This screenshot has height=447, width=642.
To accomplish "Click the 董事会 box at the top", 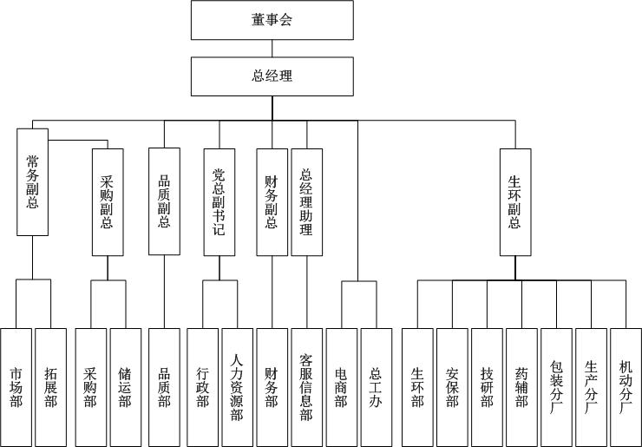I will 272,20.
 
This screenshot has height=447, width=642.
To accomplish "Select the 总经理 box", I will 272,76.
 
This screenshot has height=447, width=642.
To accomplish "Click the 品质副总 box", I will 164,201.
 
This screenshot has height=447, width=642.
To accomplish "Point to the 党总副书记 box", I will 219,201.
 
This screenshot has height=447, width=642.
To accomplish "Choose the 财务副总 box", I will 272,201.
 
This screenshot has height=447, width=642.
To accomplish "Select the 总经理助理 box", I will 306,201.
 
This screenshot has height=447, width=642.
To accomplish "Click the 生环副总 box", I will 514,201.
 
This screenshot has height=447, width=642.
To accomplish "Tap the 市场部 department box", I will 16,386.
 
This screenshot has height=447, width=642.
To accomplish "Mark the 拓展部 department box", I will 50,386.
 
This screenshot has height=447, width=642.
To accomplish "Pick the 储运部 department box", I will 125,386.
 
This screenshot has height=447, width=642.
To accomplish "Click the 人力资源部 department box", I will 237,386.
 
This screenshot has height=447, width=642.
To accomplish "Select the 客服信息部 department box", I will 306,386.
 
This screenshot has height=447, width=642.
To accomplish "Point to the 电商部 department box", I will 341,386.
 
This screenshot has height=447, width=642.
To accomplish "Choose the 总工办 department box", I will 376,386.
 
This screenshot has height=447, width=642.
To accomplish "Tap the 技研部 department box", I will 487,386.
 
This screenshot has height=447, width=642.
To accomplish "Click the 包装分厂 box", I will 556,386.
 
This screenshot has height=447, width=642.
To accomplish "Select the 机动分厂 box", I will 626,386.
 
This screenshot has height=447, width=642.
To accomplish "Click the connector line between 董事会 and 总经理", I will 272,49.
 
